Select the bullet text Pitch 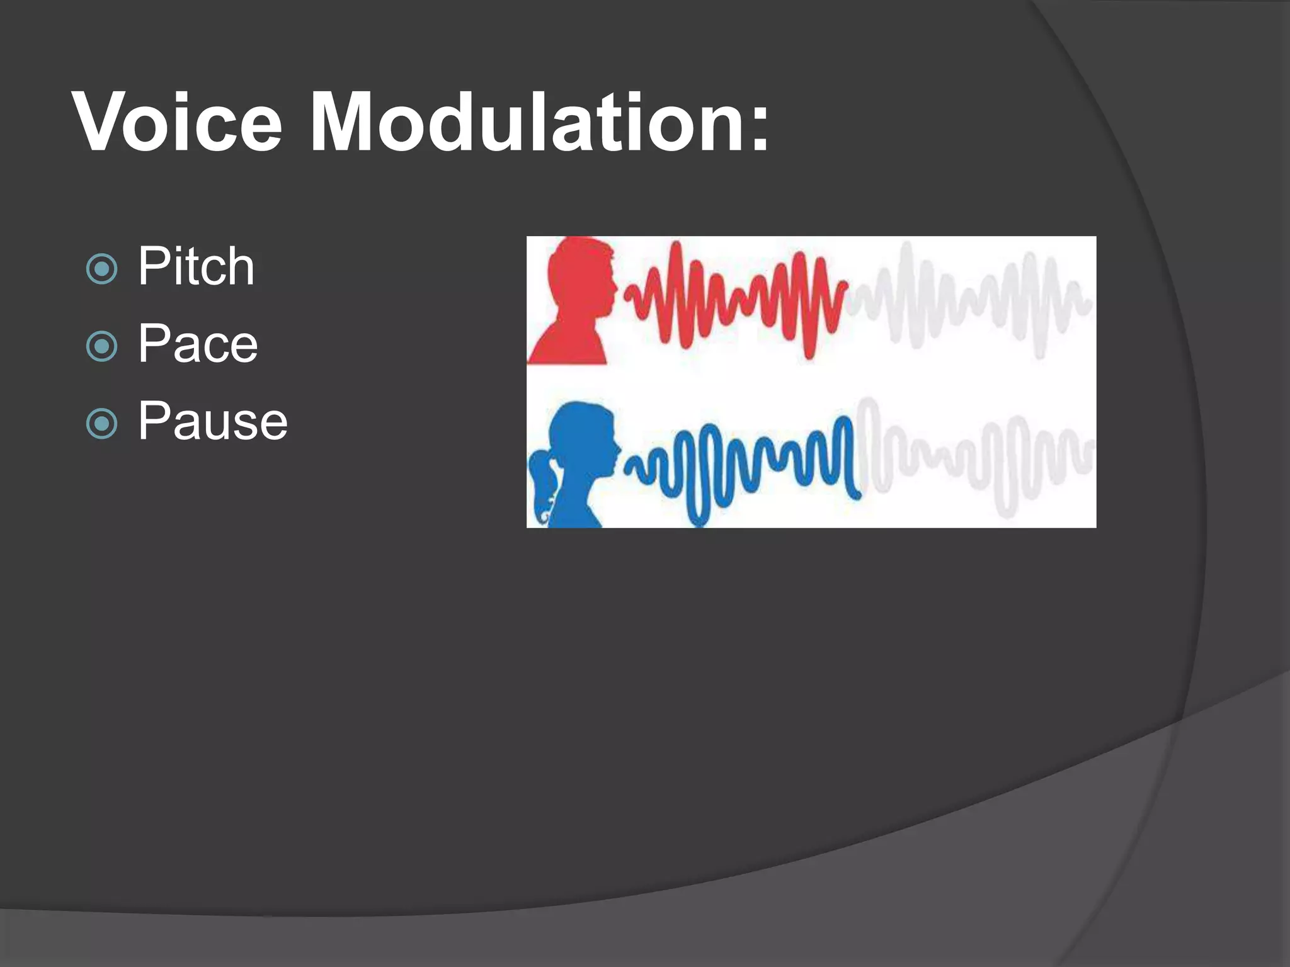(196, 267)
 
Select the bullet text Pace (198, 344)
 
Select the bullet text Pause (213, 421)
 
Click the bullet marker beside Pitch (101, 269)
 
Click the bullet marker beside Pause (101, 424)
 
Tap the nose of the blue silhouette (619, 449)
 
